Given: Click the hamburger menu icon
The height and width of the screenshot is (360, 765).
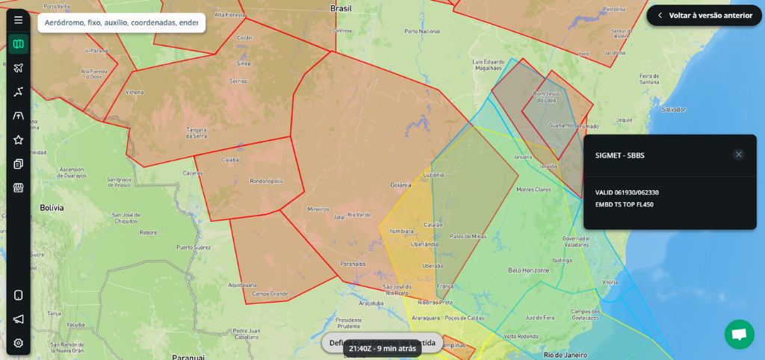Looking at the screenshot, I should (19, 20).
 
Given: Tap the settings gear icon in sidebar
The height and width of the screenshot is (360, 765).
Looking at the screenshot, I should (19, 343).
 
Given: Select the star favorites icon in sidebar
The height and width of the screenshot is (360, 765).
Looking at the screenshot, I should (19, 140).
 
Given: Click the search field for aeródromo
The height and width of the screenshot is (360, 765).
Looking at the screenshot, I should (121, 22).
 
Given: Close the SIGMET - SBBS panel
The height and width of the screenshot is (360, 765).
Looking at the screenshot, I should (739, 155).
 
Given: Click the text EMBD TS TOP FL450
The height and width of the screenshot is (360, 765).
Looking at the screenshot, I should (625, 205).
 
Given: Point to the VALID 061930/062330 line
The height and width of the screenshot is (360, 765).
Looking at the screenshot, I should (627, 193).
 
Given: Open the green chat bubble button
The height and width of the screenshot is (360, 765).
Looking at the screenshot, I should (739, 335).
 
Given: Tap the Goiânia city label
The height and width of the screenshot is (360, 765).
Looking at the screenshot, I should (401, 184).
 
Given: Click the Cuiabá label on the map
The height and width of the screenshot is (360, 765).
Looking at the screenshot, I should (231, 160).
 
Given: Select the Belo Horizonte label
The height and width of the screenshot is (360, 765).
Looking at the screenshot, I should (529, 270).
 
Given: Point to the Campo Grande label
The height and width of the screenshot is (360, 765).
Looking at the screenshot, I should (270, 294).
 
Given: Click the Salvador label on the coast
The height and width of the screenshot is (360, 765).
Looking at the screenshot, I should (673, 109).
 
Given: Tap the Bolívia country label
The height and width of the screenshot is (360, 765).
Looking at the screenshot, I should (52, 207).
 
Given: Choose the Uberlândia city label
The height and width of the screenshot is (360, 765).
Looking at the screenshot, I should (425, 243).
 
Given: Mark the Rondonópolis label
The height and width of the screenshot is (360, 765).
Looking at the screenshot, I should (266, 181).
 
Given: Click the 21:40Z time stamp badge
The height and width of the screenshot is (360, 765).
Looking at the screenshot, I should (382, 348).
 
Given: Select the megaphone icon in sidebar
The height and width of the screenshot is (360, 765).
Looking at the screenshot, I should (19, 319).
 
